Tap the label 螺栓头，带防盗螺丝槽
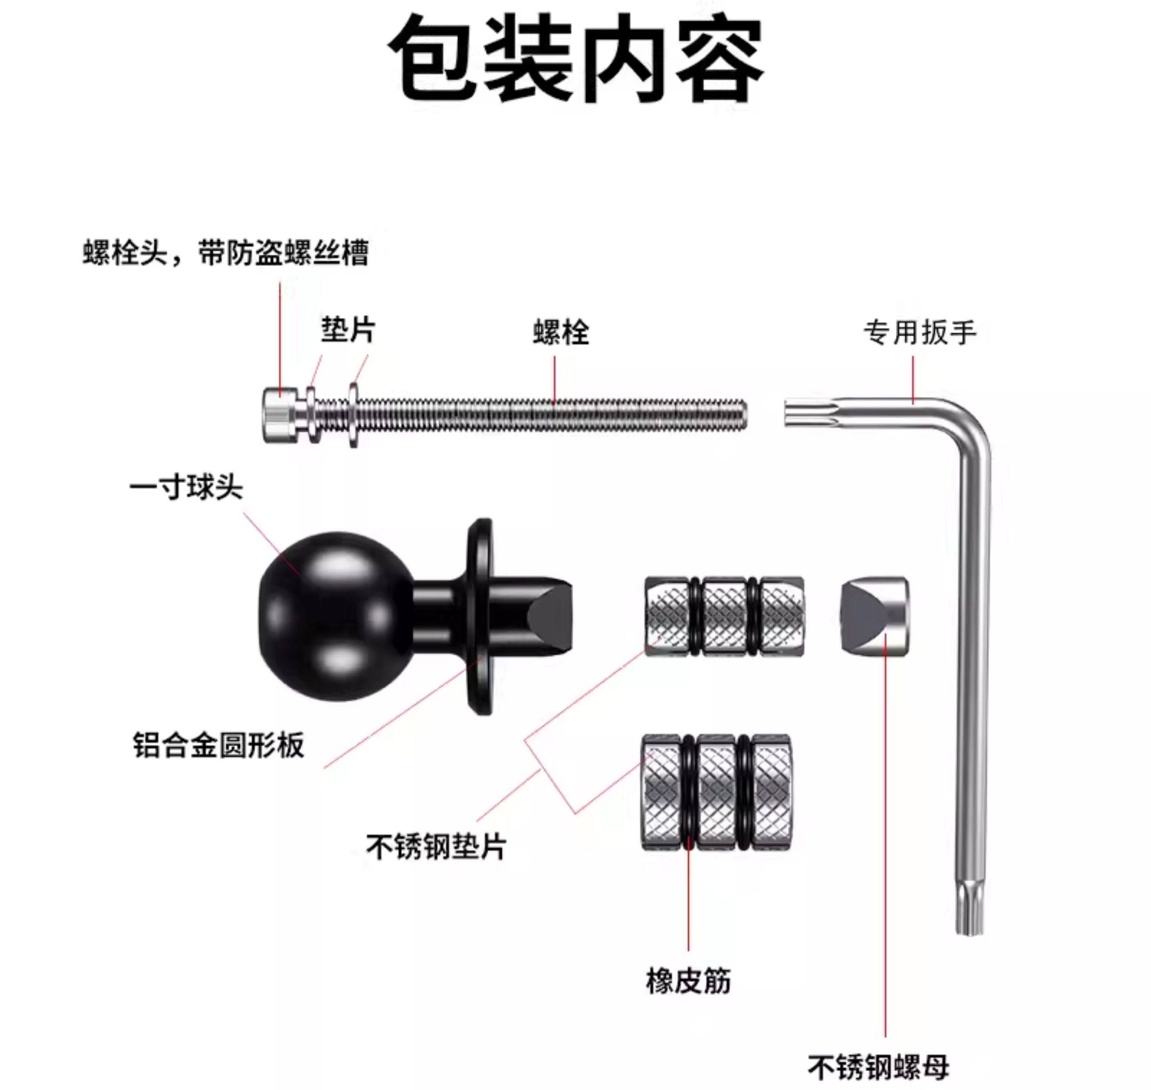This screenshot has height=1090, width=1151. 226,253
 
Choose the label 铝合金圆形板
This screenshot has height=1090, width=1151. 219,745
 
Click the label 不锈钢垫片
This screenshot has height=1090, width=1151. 436,847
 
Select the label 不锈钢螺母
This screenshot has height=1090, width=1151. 878,1067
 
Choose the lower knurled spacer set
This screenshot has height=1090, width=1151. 716,793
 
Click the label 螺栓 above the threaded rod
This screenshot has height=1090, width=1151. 561,333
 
